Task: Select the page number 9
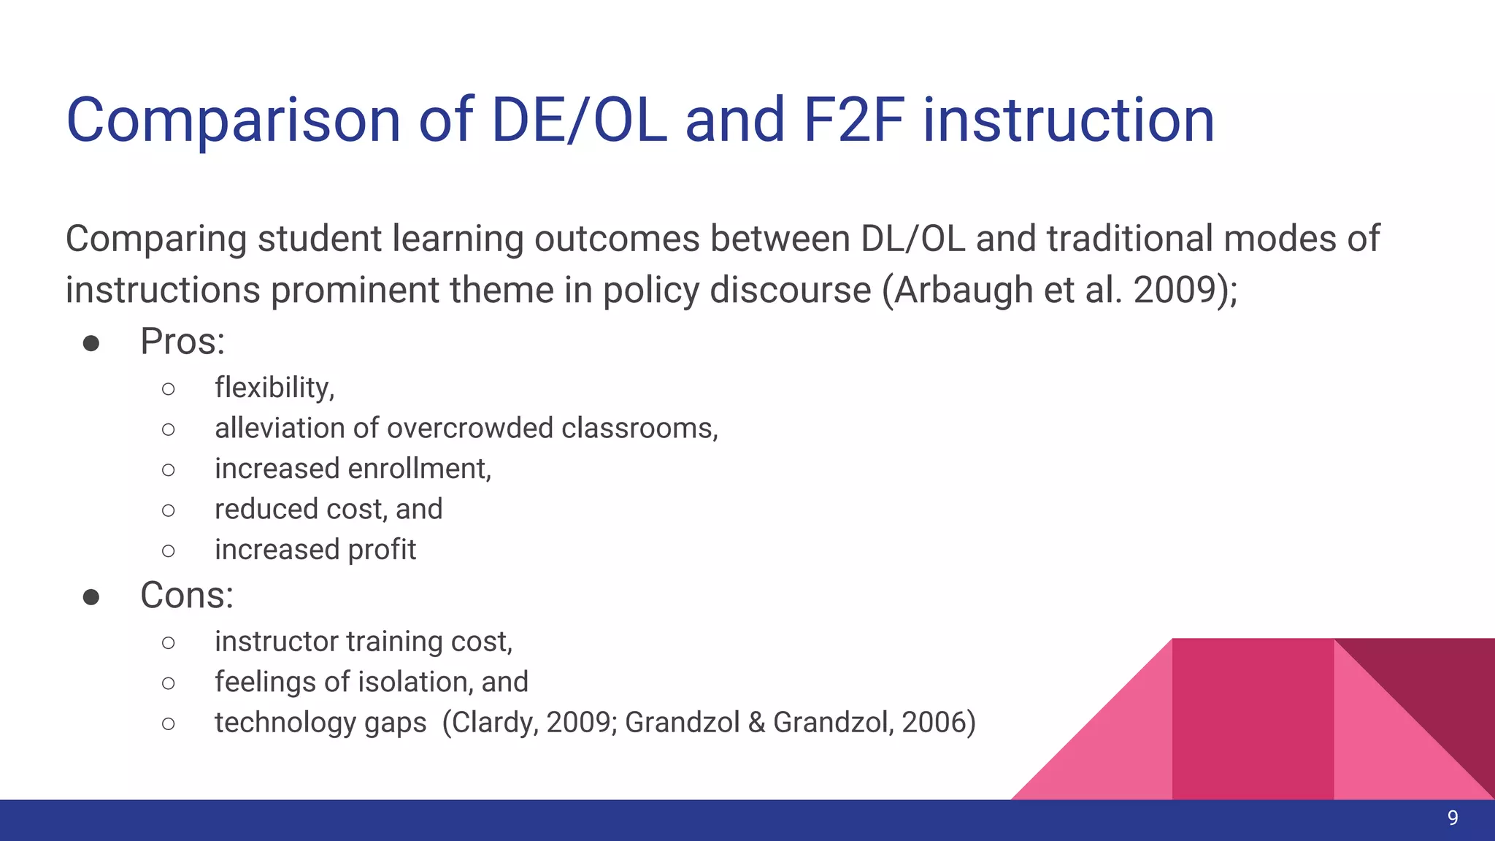1453,818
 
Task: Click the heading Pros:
182,342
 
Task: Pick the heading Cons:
187,596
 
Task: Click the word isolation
410,682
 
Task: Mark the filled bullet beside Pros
91,343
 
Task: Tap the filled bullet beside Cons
91,597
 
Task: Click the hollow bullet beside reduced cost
168,510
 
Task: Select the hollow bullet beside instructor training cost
168,642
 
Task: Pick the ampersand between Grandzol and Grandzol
756,722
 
